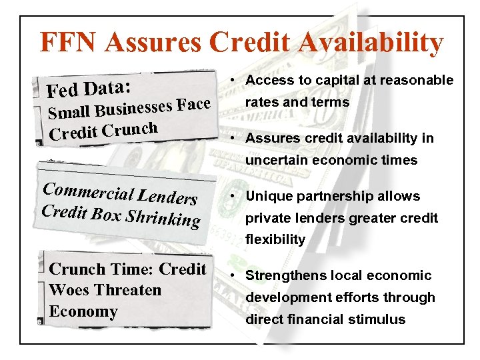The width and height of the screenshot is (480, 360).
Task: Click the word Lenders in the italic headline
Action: click(167, 196)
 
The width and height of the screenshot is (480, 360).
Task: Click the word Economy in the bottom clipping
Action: click(83, 311)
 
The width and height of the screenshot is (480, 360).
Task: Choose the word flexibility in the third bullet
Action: click(275, 239)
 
